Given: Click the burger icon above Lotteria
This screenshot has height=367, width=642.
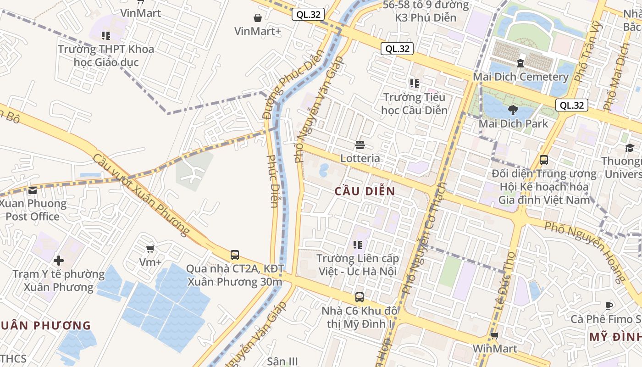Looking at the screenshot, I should click(x=360, y=145).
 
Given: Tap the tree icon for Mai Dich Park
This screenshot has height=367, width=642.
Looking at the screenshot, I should click(x=513, y=110).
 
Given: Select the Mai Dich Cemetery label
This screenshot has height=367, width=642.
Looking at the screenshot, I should click(x=520, y=77).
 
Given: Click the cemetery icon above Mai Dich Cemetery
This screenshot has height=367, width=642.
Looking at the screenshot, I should click(x=520, y=63).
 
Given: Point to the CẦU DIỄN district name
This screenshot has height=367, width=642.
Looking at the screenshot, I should click(x=365, y=192).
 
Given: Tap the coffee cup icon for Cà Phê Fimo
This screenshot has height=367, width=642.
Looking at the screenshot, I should click(x=609, y=306).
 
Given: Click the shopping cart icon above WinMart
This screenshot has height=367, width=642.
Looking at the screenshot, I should click(x=494, y=335).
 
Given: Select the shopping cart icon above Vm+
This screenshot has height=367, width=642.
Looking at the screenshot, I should click(x=150, y=249).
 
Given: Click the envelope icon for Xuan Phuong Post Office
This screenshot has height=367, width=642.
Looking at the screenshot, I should click(x=33, y=190).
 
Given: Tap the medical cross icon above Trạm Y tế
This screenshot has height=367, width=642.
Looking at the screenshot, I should click(x=59, y=261).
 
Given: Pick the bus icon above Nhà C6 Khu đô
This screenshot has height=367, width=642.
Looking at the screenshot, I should click(x=360, y=297).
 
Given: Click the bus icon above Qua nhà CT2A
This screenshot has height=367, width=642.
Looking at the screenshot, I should click(x=235, y=255).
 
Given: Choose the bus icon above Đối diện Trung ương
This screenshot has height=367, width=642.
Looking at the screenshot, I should click(x=544, y=160).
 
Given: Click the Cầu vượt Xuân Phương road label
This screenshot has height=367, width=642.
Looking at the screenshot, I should click(x=141, y=195).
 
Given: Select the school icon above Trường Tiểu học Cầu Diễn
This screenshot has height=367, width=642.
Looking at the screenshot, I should click(x=415, y=83).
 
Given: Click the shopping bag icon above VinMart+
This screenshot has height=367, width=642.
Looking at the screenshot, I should click(x=258, y=18).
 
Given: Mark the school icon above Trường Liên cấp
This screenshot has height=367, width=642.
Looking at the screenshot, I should click(x=358, y=245).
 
